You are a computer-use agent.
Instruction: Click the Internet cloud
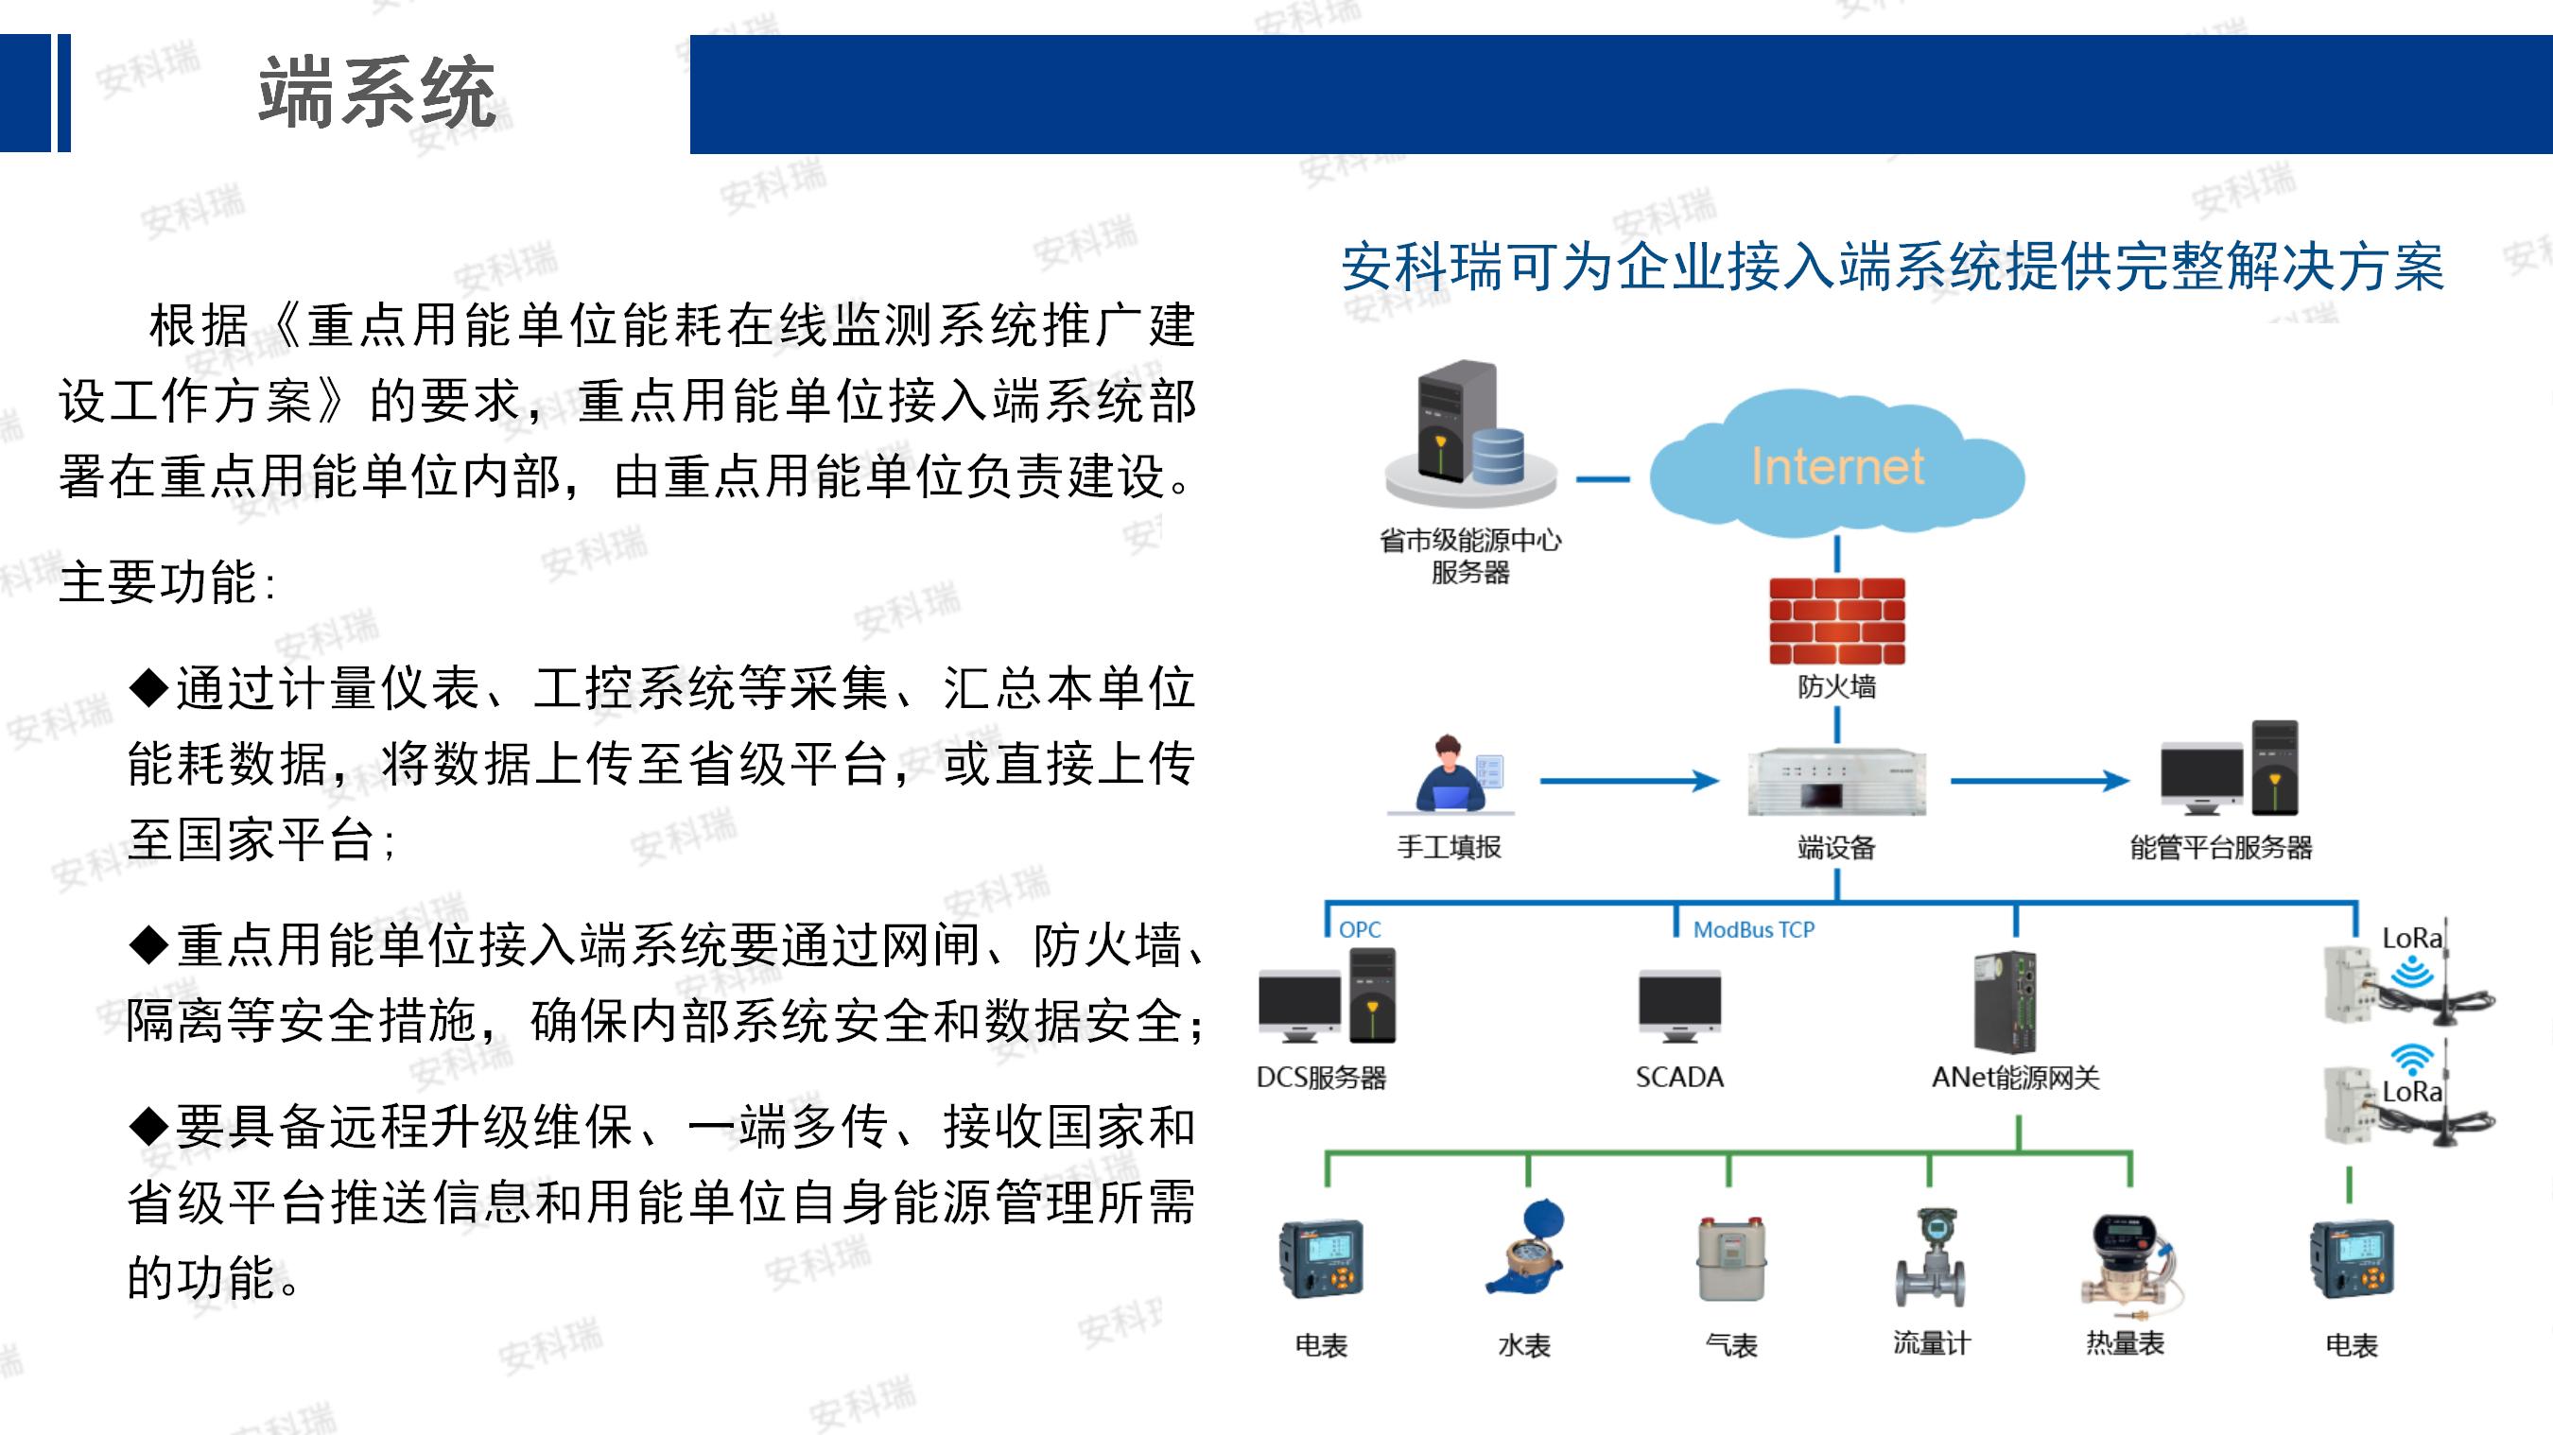(1836, 464)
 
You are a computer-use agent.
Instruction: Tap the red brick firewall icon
(1837, 620)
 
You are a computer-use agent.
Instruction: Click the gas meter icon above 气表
(1730, 1257)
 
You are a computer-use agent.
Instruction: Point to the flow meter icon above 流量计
(1931, 1256)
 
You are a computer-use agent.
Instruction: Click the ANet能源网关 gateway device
(2006, 1002)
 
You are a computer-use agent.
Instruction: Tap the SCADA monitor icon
(1680, 1007)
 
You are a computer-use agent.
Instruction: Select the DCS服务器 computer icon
(1327, 995)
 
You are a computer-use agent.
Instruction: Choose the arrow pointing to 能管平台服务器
(2040, 781)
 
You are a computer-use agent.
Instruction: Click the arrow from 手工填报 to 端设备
(1629, 781)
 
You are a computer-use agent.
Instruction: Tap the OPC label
(1360, 929)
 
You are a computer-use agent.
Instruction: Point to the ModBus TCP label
(1753, 929)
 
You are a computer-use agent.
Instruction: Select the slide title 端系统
(376, 92)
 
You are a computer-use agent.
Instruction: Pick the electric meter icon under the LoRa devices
(2353, 1257)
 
